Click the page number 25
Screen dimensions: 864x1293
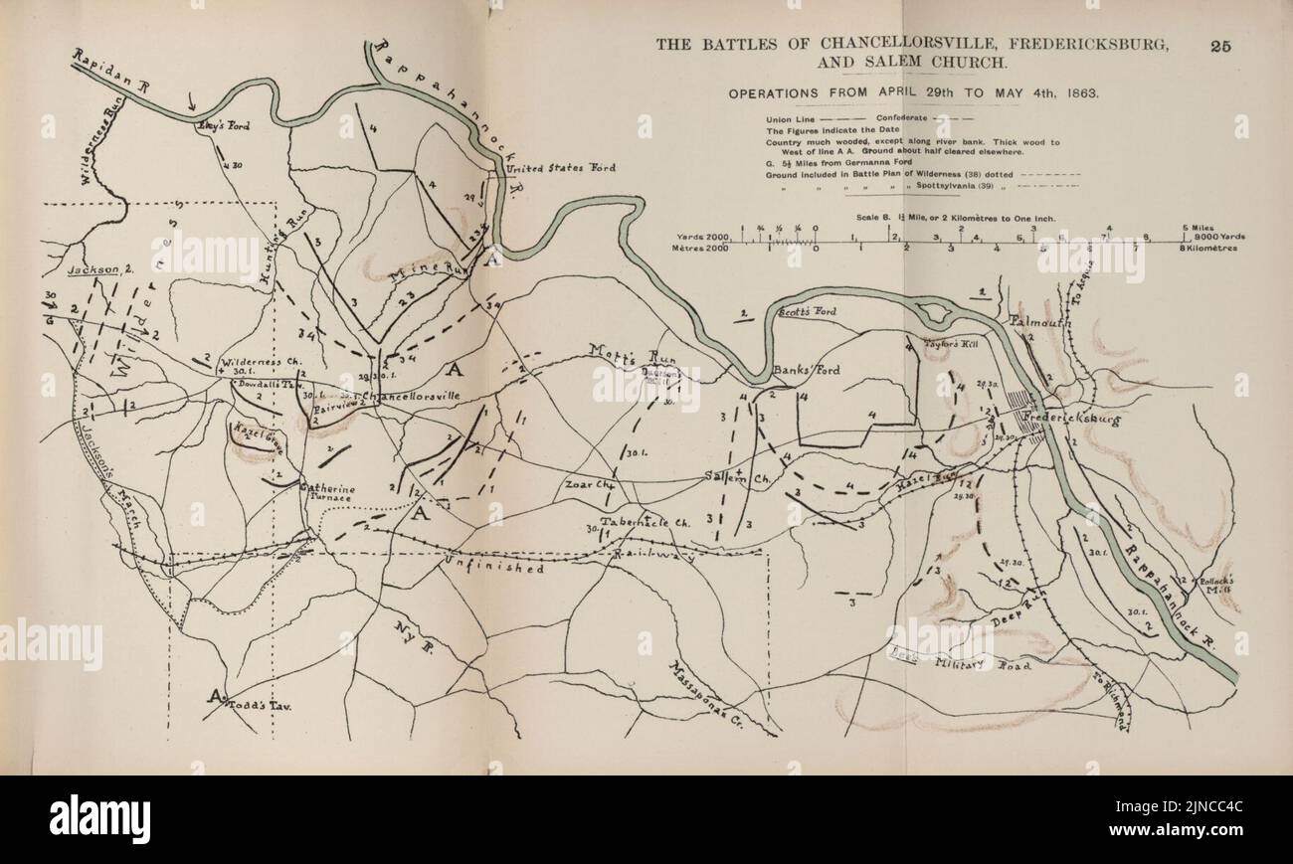click(x=1222, y=45)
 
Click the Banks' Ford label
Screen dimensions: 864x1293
click(x=807, y=370)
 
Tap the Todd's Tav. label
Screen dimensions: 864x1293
click(x=258, y=704)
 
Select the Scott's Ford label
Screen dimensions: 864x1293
click(x=807, y=312)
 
